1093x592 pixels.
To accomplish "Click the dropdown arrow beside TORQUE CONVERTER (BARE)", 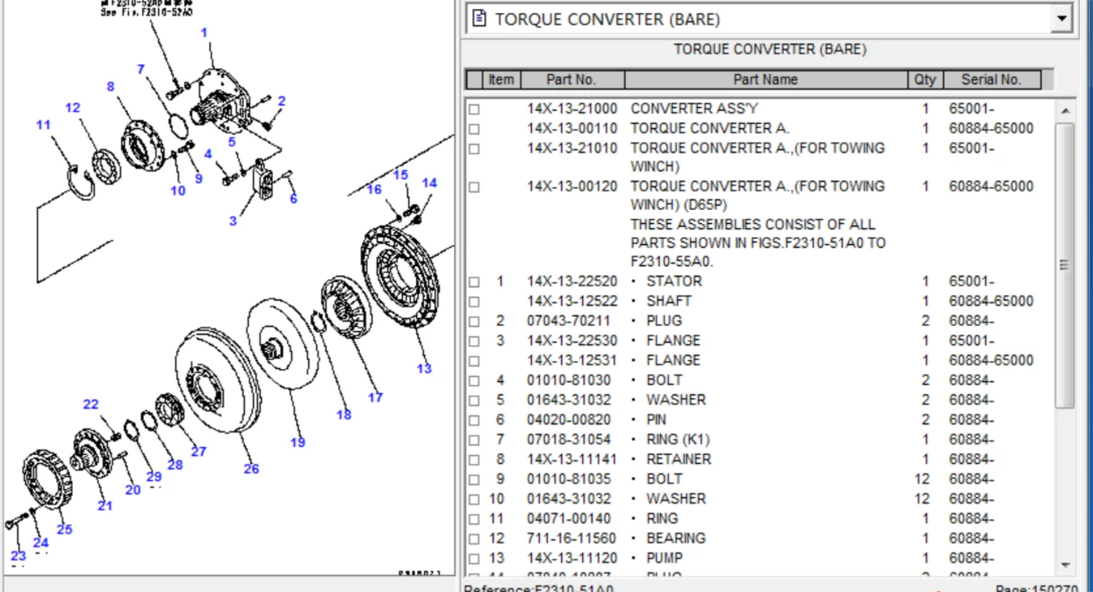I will (x=1062, y=19).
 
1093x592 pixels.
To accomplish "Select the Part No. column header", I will (x=572, y=79).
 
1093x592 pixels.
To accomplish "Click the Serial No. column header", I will (x=991, y=79).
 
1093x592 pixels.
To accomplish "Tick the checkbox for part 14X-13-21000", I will (x=474, y=109).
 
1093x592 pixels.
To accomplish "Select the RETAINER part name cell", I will (x=678, y=459).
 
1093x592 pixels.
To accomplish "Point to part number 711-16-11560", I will (x=572, y=538).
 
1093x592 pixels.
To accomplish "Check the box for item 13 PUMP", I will (x=474, y=558).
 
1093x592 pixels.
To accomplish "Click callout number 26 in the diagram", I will (x=251, y=469).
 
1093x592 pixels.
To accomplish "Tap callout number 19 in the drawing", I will (x=297, y=442).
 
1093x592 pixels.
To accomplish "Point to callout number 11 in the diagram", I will (x=44, y=125).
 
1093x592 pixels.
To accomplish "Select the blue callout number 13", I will (x=424, y=368).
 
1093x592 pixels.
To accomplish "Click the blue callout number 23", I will (x=18, y=556).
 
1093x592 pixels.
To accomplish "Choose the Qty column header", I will (x=925, y=79).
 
